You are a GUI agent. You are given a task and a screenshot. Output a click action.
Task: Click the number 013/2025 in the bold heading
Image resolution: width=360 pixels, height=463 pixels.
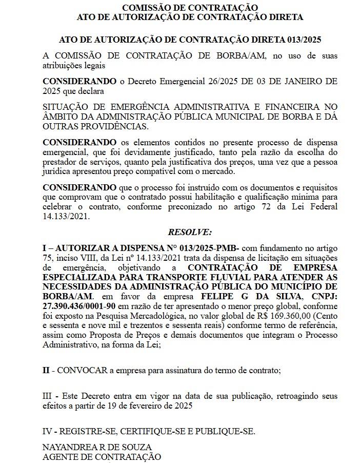tap(302, 40)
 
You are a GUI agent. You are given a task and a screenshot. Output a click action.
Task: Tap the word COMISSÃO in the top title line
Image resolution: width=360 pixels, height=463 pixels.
tap(145, 7)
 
